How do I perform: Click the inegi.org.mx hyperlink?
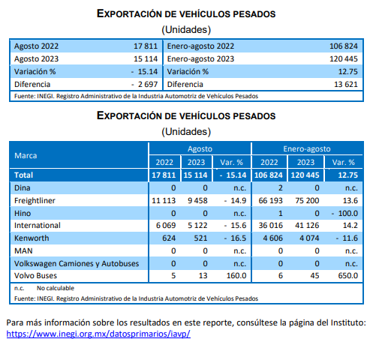pos(98,334)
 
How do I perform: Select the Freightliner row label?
pos(35,200)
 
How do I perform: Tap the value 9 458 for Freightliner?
pos(197,200)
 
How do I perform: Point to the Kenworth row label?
pos(32,238)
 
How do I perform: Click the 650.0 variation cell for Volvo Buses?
pos(348,275)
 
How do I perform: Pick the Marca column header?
pos(26,155)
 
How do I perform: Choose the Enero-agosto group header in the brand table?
pos(307,148)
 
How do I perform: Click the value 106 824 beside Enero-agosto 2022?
pos(344,46)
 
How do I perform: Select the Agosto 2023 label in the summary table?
pos(36,58)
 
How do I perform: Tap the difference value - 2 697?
pos(145,84)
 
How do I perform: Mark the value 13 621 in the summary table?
pos(346,84)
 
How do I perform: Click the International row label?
pos(38,225)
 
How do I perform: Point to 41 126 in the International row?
pos(307,225)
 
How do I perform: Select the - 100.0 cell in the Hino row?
pos(344,213)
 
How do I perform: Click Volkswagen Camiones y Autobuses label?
pos(77,263)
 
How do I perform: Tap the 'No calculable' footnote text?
pos(56,288)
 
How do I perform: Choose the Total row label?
pos(23,175)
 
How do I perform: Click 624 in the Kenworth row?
pos(169,238)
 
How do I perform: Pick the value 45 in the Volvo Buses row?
pos(314,275)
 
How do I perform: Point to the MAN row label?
pos(23,250)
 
